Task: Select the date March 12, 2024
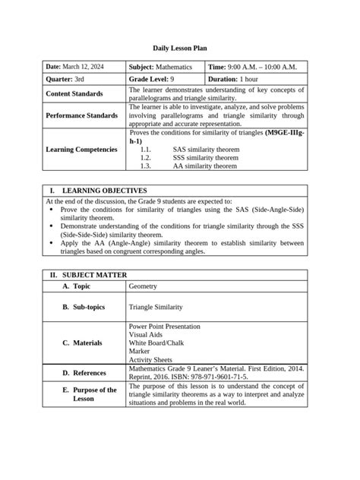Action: click(x=75, y=67)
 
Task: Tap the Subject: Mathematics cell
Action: click(x=160, y=67)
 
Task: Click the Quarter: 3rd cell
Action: click(x=65, y=79)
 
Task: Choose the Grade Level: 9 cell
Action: click(x=151, y=79)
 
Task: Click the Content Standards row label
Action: click(x=74, y=93)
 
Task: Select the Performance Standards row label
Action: click(x=81, y=115)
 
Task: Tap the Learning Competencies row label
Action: click(x=81, y=149)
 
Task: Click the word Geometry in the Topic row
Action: click(x=144, y=286)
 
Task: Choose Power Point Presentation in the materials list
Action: click(x=164, y=326)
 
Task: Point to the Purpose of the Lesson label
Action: click(x=94, y=393)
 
